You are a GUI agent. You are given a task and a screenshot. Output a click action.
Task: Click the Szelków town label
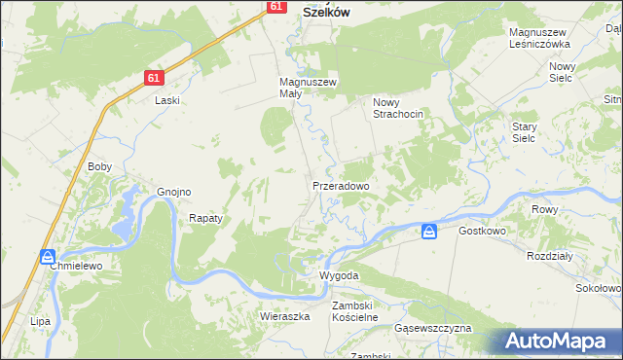point(326,12)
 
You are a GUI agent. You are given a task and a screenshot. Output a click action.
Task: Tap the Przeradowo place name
point(341,185)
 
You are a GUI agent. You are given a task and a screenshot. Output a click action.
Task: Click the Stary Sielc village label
point(531,132)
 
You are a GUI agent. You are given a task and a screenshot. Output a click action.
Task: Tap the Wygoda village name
point(340,275)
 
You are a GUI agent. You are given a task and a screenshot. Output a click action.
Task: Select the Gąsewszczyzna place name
point(432,329)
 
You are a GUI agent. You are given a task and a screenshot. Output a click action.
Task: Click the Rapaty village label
point(205,219)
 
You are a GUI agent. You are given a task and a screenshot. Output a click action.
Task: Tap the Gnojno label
point(173,192)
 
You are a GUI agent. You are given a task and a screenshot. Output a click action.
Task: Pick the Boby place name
point(100,166)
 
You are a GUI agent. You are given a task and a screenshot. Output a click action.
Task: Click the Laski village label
point(168,100)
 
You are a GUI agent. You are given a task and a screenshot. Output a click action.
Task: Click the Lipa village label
point(40,320)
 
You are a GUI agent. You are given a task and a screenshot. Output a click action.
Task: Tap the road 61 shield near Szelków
point(275,7)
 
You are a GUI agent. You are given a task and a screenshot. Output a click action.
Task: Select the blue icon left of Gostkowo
point(429,232)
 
